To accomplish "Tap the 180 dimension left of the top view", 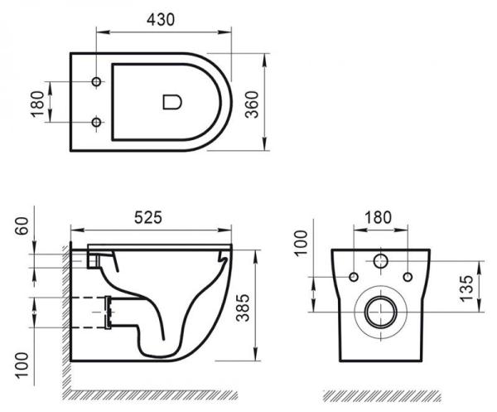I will click(37, 103).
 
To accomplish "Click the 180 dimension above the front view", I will click(379, 216).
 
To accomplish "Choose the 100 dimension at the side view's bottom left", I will click(22, 361).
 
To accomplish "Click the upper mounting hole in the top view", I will click(97, 82).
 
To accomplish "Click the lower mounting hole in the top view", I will click(97, 124).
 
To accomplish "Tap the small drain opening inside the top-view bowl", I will click(171, 103).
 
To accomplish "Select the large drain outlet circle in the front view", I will click(380, 313).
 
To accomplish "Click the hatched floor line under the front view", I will click(380, 394).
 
